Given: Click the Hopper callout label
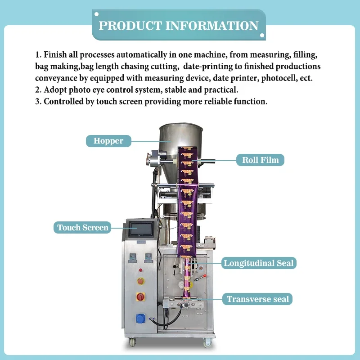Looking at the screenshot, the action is (108, 141).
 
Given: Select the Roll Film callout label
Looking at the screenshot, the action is (260, 160).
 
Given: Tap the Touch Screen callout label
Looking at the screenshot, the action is (83, 227).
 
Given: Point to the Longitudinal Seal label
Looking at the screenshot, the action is (258, 263).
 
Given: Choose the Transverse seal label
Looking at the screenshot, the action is (258, 299).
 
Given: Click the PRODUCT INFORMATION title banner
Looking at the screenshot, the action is (178, 25).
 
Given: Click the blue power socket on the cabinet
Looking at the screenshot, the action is (140, 318).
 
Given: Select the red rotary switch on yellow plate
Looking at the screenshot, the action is (140, 297).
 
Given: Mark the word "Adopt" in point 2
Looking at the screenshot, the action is (54, 90).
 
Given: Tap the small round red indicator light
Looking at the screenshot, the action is (140, 270).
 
